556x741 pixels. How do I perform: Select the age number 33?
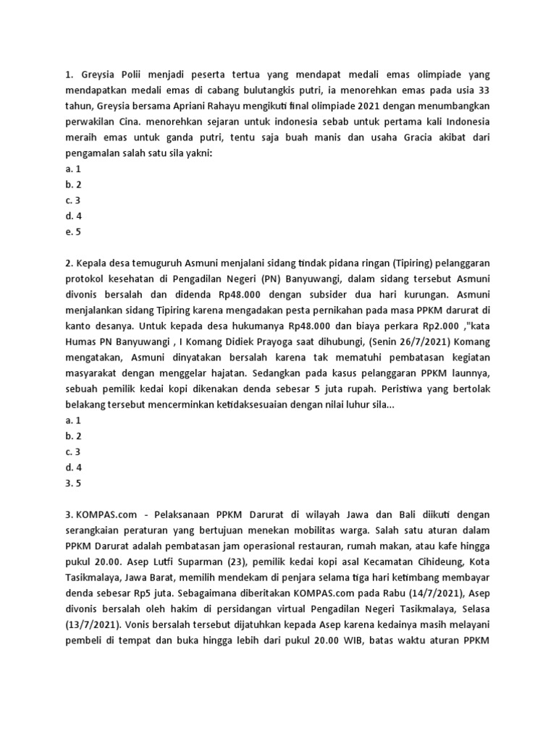(483, 90)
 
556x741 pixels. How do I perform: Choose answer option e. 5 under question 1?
(72, 232)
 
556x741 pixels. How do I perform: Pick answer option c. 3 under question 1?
(72, 200)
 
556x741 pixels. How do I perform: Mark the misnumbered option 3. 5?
(72, 484)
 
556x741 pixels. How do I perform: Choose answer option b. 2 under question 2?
(72, 436)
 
